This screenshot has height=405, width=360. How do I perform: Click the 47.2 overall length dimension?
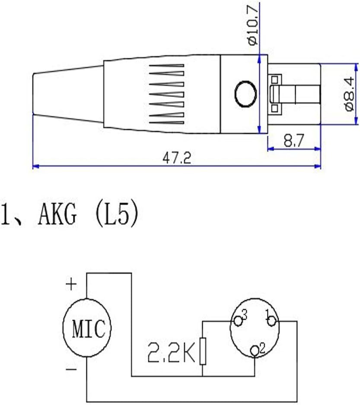[177, 158]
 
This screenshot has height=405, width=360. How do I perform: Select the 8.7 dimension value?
[293, 140]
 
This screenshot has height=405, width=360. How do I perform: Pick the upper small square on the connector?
[275, 79]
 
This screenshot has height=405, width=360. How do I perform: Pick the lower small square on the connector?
[275, 108]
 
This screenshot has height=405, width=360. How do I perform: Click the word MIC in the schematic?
[89, 329]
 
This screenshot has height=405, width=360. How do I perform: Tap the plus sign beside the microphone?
[71, 285]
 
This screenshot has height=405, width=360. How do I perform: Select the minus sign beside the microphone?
[71, 369]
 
